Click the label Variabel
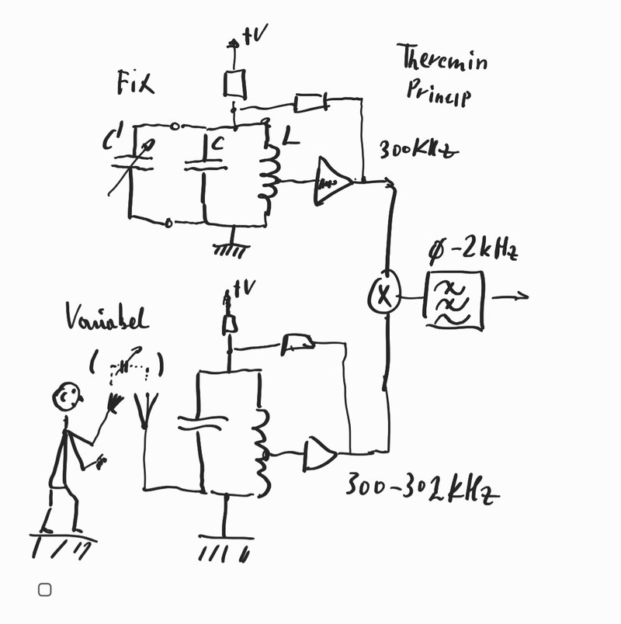click(106, 320)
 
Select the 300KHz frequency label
click(417, 150)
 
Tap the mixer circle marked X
click(383, 294)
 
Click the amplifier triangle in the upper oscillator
click(332, 182)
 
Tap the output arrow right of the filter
click(512, 296)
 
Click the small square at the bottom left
click(45, 590)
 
